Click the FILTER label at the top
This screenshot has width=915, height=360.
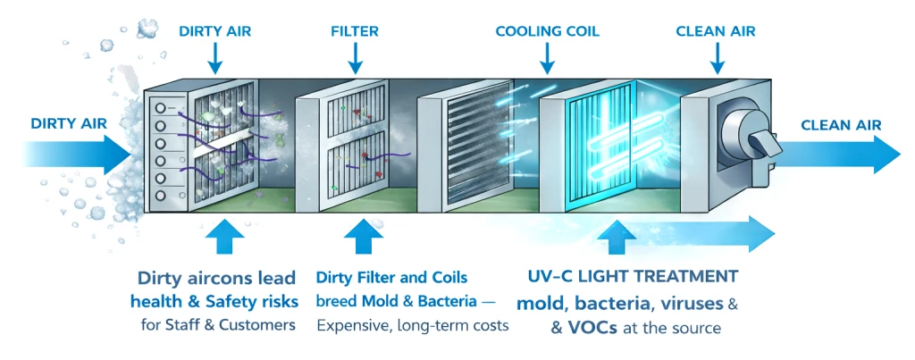[x=354, y=31]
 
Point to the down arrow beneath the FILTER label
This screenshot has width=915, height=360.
[x=355, y=57]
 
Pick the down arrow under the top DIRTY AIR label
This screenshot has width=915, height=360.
[x=214, y=57]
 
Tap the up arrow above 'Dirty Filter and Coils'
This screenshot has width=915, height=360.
[x=362, y=240]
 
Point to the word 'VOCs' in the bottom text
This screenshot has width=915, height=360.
[x=583, y=327]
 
